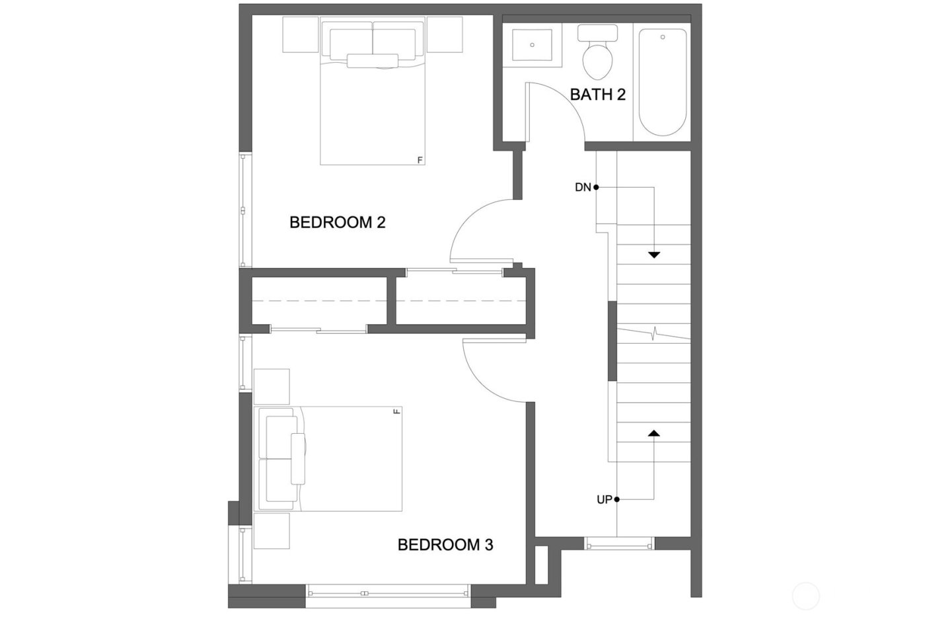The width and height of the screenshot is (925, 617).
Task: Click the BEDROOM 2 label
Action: point(337,222)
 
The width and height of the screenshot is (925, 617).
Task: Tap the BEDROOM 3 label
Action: point(445,545)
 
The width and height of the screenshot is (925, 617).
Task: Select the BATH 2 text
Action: point(597,95)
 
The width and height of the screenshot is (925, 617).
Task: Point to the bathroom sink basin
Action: point(532,45)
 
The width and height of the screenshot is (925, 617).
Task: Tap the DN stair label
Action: point(582,188)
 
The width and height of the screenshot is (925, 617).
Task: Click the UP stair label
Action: point(604,500)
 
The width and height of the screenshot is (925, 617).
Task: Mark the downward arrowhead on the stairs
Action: point(654,255)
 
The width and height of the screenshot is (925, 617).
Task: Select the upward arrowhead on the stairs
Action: point(654,433)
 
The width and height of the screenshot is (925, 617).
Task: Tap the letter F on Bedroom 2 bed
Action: point(420,159)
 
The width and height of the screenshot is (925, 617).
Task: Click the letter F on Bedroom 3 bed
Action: point(396,412)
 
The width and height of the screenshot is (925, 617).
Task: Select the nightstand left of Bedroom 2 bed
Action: point(301,34)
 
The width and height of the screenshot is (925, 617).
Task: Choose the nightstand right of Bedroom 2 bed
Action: point(444,34)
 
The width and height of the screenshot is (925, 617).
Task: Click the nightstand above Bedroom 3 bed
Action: point(272,386)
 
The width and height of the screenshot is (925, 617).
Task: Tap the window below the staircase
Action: point(619,544)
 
